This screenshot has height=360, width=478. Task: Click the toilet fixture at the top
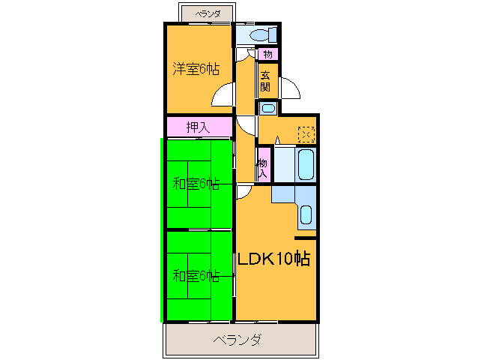point(264,34)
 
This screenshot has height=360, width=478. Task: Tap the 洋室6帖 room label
point(196,69)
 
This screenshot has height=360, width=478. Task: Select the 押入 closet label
point(198,127)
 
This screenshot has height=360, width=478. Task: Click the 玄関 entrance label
point(265,81)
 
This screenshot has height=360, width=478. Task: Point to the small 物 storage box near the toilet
point(267,54)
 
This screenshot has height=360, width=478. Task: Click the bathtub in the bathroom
point(306,164)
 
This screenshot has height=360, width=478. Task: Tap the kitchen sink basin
point(306,214)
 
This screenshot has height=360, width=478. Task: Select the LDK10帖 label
point(273,259)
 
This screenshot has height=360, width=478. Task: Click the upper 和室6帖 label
point(196,184)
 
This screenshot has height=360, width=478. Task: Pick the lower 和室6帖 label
point(196,276)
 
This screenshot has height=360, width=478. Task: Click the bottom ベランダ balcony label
point(238,340)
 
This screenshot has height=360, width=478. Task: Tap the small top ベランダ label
point(208,14)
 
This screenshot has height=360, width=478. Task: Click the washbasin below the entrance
point(268,108)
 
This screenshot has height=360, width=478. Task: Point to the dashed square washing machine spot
point(306,134)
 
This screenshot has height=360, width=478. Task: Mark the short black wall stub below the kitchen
point(305,238)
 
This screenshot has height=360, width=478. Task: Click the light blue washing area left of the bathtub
point(285,165)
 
